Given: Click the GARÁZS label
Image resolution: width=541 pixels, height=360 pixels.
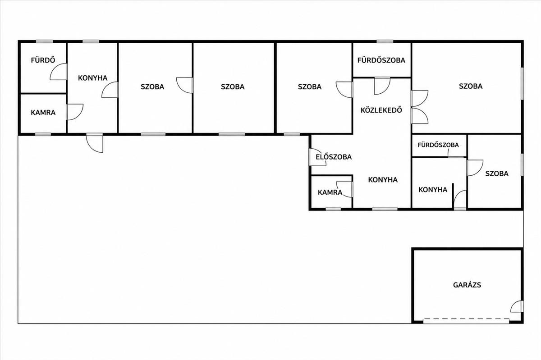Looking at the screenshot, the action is point(467,285).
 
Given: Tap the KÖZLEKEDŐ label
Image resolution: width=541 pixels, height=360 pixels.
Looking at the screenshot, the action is point(381,110).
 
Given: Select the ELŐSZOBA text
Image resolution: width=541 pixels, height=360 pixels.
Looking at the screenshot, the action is point(334,157).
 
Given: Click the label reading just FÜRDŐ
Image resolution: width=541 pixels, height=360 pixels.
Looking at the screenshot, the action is point(43,60).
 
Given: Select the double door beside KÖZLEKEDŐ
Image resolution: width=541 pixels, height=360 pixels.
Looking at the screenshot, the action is point(420,107).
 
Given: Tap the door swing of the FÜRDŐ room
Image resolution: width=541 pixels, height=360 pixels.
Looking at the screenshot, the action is point(58,72).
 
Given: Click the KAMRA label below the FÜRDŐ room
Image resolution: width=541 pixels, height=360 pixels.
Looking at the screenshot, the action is point(43,113).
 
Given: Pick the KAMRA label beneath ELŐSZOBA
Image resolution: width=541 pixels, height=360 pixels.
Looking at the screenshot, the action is point(330,192).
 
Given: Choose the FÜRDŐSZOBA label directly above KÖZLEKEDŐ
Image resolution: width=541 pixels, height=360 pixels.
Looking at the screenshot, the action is point(381,60).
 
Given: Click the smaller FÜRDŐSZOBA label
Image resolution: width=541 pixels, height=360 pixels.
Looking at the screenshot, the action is point(438,145).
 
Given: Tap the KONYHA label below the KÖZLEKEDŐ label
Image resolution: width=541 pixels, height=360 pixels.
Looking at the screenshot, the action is point(383,180).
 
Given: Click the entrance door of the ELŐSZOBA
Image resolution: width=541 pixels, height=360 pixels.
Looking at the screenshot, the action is point(317,157).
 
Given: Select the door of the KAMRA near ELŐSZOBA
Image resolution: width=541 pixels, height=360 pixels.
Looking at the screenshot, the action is point(344,189).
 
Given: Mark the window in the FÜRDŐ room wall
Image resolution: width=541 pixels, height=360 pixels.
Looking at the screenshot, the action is point(45,41).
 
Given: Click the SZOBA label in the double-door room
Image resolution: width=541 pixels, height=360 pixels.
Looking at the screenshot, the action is point(471,86).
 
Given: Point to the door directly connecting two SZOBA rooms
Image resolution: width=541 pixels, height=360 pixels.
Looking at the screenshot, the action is point(185,85).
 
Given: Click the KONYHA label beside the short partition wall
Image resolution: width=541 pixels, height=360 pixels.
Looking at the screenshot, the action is point(433,190).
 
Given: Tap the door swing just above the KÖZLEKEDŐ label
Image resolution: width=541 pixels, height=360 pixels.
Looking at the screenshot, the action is point(382,86).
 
